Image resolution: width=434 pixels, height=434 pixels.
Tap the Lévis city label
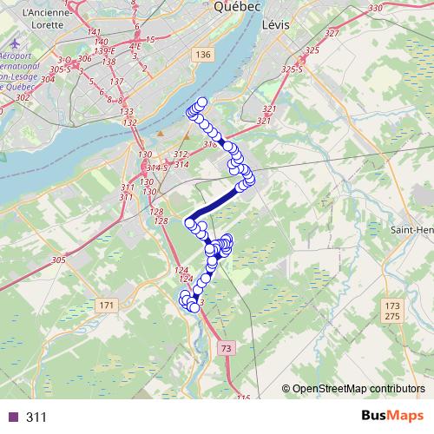point(275,29)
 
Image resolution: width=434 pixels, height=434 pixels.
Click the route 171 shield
point(106,306)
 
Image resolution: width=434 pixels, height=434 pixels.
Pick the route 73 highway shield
point(227,348)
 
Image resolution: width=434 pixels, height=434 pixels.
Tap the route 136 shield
point(203,56)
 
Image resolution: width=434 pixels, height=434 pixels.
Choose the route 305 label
point(58,260)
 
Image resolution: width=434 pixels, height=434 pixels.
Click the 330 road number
point(375,8)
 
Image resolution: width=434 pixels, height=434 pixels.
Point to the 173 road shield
point(391,306)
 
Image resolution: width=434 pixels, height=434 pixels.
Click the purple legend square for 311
point(11,418)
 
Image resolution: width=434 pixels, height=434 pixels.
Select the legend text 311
point(36,418)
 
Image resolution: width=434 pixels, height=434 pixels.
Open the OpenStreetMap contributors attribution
point(358,388)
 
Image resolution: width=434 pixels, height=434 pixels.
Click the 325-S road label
point(292,69)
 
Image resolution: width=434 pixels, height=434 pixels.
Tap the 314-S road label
point(156,167)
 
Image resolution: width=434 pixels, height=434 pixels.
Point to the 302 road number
point(22,97)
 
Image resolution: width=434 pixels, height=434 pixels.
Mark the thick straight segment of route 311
point(217,202)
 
